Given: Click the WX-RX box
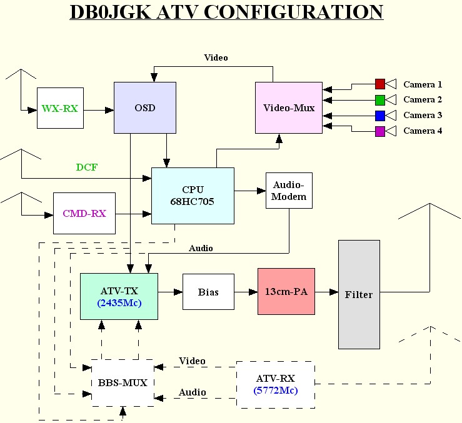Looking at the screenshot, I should coord(60,108).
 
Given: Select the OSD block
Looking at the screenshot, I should coord(144,107).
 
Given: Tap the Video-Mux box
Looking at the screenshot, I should coord(289,107).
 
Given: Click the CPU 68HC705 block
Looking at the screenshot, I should coord(193,196).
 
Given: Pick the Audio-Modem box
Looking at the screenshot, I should coord(289,191).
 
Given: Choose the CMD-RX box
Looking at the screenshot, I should coord(84,213).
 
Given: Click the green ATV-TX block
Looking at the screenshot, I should coord(119,296).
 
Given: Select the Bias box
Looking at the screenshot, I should coord(208,292).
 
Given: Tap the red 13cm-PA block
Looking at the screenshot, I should coord(286,292).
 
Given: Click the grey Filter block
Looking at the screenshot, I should coord(359,294).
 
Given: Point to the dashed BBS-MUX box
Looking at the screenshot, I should coord(123,383).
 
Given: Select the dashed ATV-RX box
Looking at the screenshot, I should coord(275,384).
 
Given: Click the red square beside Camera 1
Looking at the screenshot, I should coord(380,84).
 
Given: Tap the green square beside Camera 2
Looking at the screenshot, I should coord(380,100).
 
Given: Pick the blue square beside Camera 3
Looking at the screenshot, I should coord(380,116).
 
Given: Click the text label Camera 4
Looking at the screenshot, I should coord(423,131).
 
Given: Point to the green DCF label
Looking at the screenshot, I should coord(86,167).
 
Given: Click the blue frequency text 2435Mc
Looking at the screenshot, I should coord(119,304).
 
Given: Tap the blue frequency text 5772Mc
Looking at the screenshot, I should coord(276,391).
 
